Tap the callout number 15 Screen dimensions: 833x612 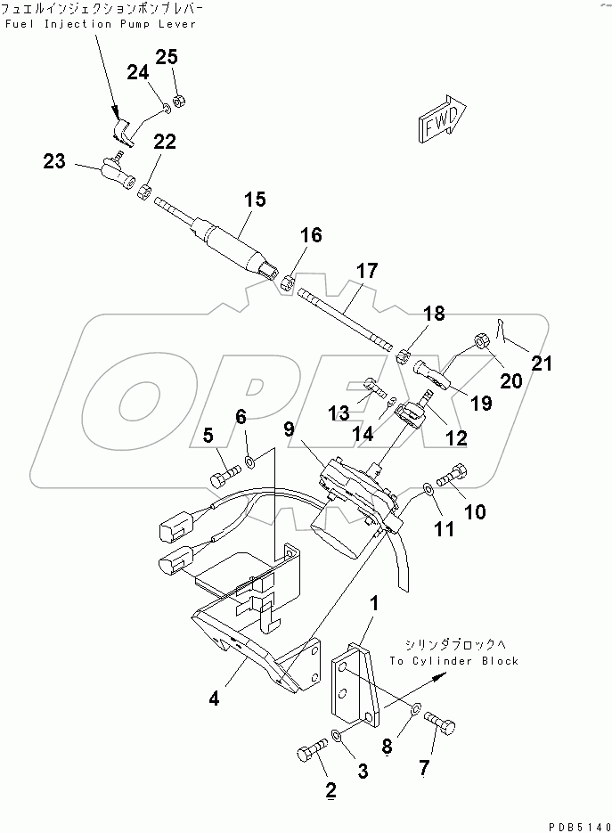pos(255,200)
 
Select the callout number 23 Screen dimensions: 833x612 pos(54,160)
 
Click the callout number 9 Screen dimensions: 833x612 pos(289,429)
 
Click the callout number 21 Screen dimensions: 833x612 pos(542,363)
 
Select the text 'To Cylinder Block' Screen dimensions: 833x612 pos(453,661)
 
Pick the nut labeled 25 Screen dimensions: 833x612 pos(179,99)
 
